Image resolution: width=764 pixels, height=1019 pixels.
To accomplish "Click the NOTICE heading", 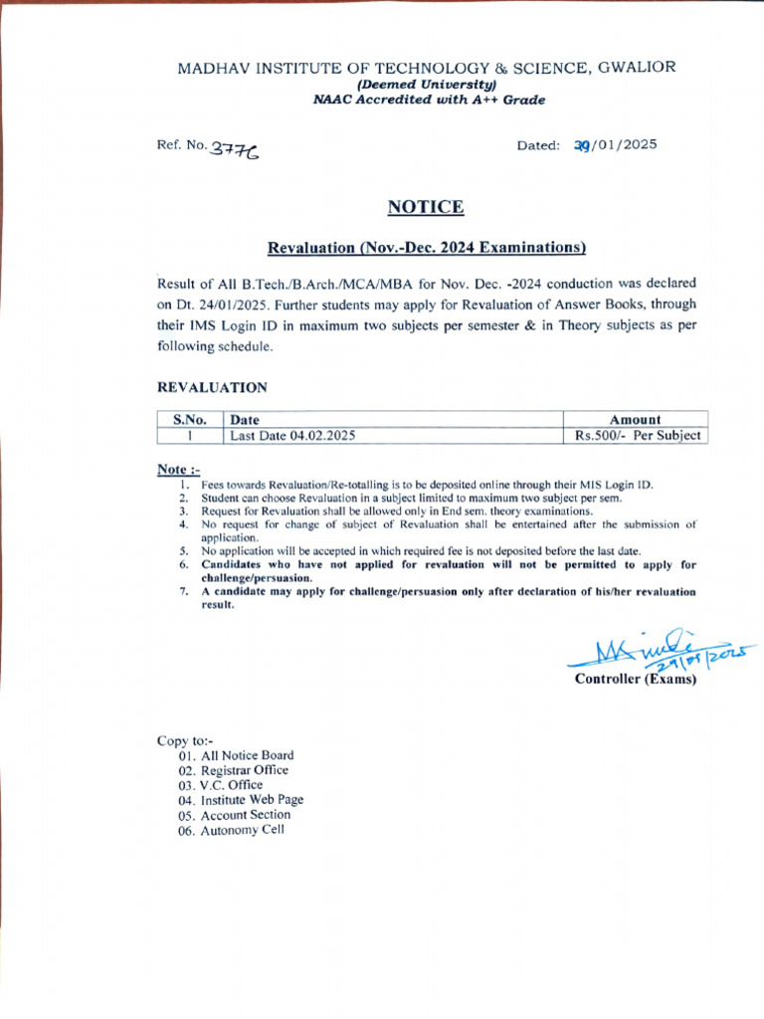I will point(425,207).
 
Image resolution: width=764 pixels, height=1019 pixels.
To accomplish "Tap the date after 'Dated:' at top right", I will point(616,145).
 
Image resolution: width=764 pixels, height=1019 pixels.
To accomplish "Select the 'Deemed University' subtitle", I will point(426,85).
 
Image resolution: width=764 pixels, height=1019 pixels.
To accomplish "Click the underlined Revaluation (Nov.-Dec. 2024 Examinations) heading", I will point(427,247).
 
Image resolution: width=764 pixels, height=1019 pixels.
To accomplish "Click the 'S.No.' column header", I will point(189,420).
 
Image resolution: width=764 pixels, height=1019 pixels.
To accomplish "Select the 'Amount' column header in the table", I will point(636,420).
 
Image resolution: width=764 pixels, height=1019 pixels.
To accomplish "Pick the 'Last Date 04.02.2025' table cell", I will point(292,436).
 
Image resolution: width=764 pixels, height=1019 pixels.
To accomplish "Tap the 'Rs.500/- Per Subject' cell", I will point(638,436).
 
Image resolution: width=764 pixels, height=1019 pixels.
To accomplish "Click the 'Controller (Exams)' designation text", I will point(636,680).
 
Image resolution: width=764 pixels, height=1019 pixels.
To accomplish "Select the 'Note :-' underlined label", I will point(179,469).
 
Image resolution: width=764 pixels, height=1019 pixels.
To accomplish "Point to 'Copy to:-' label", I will point(185,740).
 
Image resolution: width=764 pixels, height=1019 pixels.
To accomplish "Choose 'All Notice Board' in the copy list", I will point(247,755).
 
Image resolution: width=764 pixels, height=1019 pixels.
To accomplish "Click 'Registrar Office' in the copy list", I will point(244,770).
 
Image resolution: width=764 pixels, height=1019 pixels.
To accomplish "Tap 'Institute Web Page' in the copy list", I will point(252,800).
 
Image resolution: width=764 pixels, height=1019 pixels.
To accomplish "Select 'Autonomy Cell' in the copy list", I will point(242,830).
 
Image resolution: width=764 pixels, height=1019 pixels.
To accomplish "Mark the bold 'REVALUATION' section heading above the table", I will point(213,387).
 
